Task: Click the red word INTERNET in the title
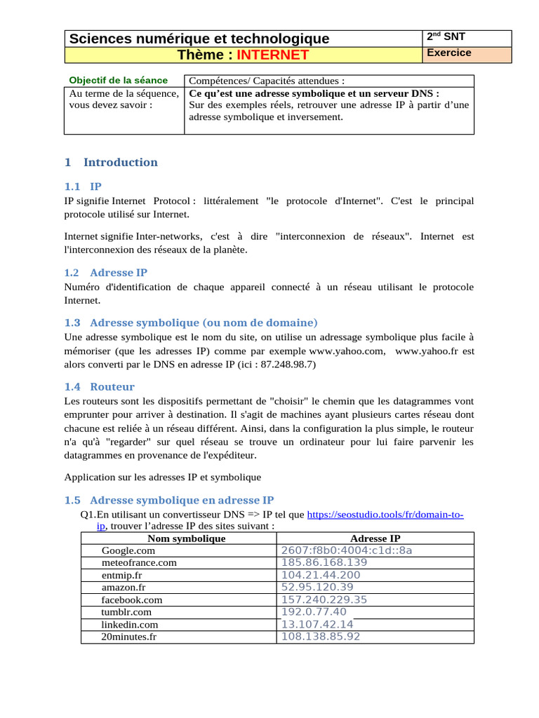pyautogui.click(x=272, y=55)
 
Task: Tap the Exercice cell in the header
pyautogui.click(x=450, y=53)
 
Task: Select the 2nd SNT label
pyautogui.click(x=446, y=36)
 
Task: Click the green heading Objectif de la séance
pyautogui.click(x=119, y=80)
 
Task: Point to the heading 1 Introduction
pyautogui.click(x=111, y=162)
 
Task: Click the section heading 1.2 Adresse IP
pyautogui.click(x=105, y=272)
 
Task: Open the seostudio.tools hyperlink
pyautogui.click(x=385, y=515)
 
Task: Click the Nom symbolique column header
pyautogui.click(x=186, y=538)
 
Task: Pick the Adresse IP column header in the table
pyautogui.click(x=375, y=538)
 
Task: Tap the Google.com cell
pyautogui.click(x=128, y=550)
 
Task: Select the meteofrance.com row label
pyautogui.click(x=139, y=562)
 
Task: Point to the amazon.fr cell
pyautogui.click(x=124, y=587)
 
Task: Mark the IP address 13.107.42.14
pyautogui.click(x=317, y=624)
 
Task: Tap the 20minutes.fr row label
pyautogui.click(x=130, y=637)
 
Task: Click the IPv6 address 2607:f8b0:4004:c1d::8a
pyautogui.click(x=346, y=550)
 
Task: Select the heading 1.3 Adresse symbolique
pyautogui.click(x=190, y=323)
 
